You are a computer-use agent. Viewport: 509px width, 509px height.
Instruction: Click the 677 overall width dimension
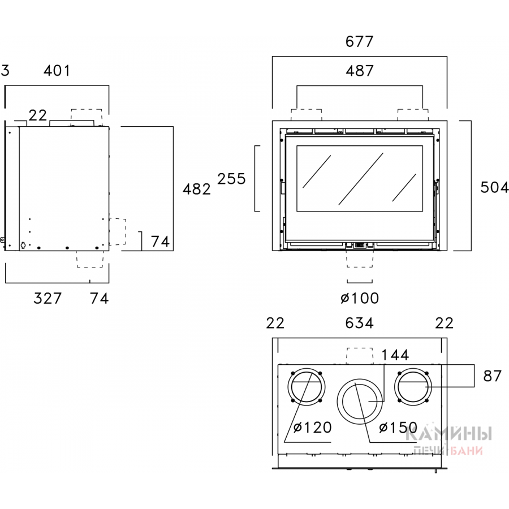(x=360, y=41)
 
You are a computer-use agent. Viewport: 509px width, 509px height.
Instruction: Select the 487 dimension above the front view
(x=360, y=71)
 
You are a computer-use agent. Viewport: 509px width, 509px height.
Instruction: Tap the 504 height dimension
(x=494, y=187)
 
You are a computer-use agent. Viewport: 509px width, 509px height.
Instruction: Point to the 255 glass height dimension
(x=232, y=179)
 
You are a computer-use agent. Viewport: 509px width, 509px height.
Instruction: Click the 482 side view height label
(x=197, y=189)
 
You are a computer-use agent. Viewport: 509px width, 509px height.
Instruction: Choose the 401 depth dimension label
(x=57, y=71)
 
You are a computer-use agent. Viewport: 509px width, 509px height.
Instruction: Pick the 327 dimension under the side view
(x=47, y=298)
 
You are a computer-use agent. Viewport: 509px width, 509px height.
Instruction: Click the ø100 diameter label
(x=360, y=298)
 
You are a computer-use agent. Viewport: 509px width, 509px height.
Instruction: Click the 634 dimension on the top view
(x=360, y=323)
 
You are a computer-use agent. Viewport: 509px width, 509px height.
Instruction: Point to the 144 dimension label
(x=395, y=355)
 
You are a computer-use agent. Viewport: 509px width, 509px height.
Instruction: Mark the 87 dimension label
(x=493, y=376)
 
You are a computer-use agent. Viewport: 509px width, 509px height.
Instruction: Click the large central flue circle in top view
(x=360, y=400)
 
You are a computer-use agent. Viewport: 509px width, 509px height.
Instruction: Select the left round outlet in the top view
(x=307, y=387)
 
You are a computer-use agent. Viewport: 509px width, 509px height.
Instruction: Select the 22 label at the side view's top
(x=37, y=115)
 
